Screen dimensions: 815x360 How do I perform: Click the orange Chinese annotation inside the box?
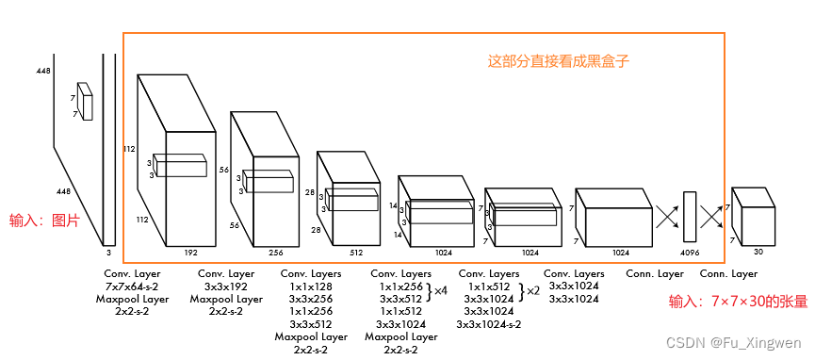[x=559, y=61]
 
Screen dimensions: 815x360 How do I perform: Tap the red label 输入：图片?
[x=44, y=221]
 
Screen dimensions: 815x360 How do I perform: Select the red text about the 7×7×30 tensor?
[x=738, y=302]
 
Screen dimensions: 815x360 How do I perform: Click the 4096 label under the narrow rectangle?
[x=690, y=253]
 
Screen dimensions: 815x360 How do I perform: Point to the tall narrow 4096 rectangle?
[x=689, y=217]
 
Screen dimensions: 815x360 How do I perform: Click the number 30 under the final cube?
[x=758, y=252]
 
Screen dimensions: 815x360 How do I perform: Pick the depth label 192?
[x=190, y=253]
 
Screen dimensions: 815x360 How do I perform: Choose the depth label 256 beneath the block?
[x=275, y=253]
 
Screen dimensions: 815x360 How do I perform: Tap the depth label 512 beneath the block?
[x=356, y=253]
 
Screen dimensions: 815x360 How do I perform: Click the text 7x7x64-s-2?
[x=133, y=286]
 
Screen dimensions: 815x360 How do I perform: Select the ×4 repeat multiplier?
[x=441, y=291]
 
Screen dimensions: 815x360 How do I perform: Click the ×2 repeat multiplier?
[x=533, y=291]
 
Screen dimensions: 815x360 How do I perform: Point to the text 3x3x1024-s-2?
[x=489, y=324]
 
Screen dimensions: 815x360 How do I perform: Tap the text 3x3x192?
[x=226, y=286]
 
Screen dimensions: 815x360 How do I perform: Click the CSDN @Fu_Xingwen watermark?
[x=733, y=343]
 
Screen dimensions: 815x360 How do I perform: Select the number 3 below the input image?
[x=108, y=253]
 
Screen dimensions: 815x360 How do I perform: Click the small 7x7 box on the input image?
[x=85, y=102]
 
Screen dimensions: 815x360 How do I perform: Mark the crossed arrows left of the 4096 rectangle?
[x=667, y=217]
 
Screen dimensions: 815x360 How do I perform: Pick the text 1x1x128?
[x=311, y=286]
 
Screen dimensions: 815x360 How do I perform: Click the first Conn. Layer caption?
[x=655, y=273]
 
